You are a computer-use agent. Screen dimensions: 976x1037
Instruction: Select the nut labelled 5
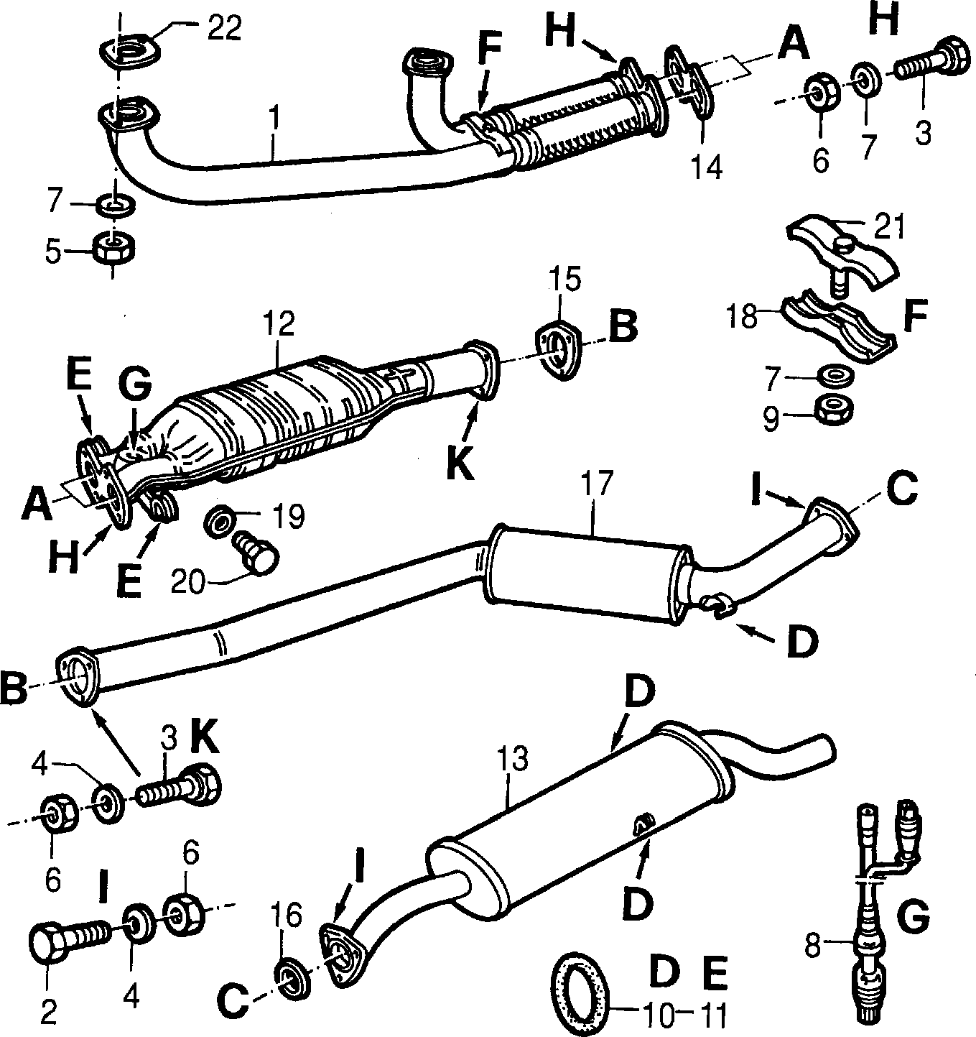116,249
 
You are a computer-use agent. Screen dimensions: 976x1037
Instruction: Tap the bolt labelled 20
256,556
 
